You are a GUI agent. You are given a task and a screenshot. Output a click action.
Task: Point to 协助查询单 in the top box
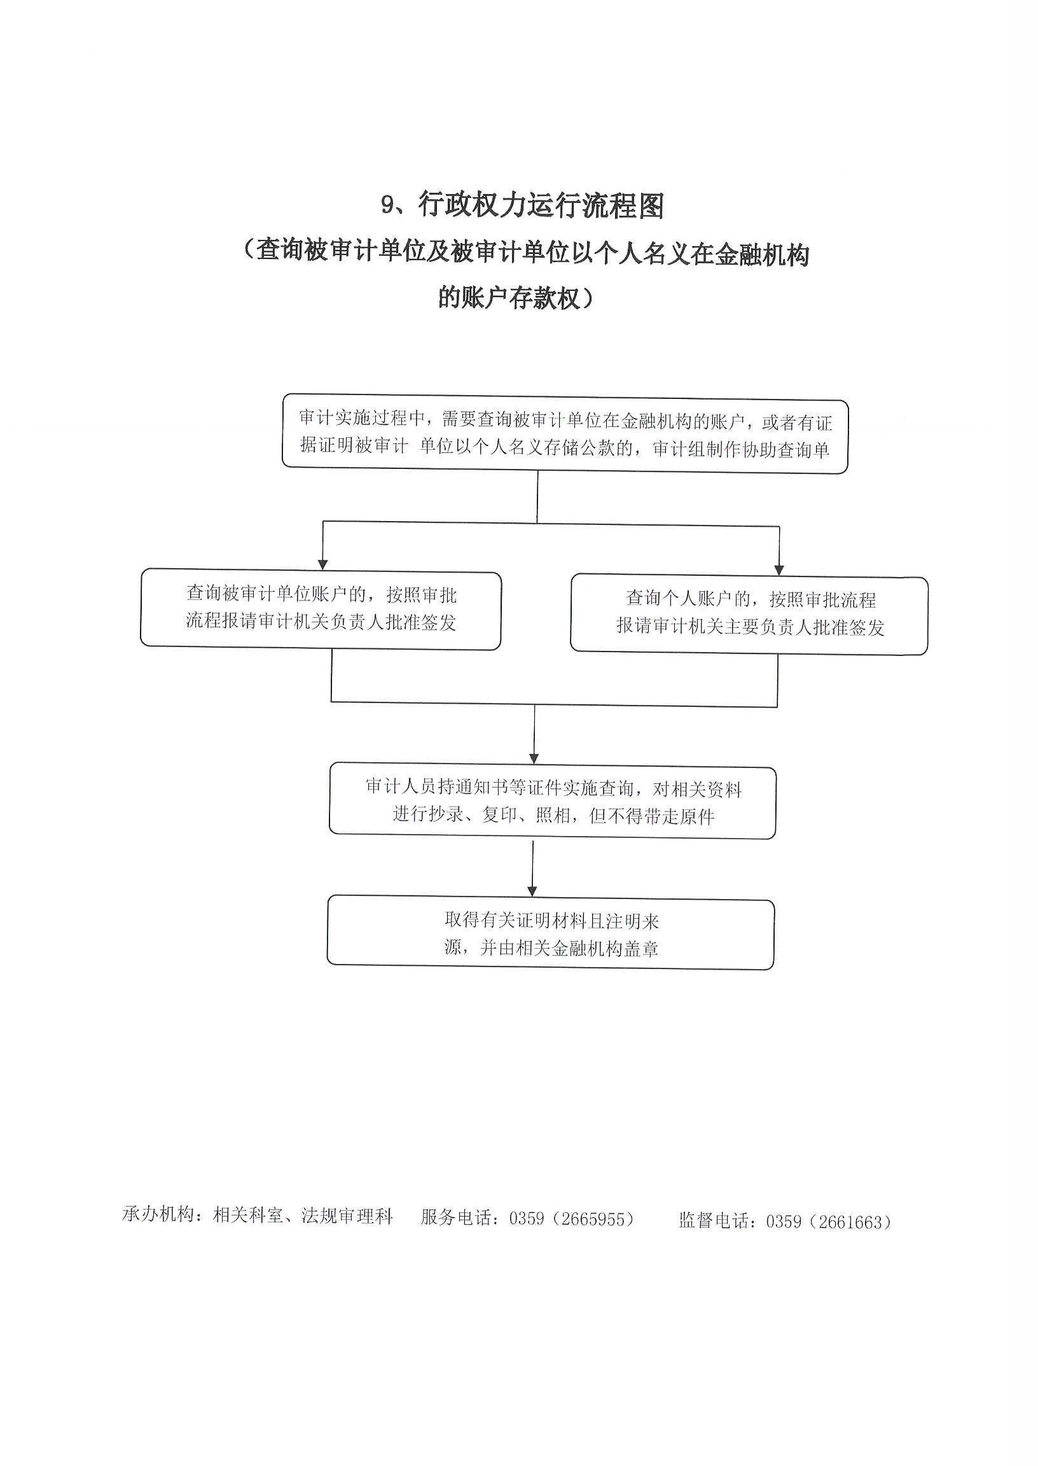785,449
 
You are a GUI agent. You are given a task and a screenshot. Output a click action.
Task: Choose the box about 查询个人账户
749,615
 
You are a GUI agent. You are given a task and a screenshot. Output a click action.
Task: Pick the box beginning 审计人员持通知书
553,800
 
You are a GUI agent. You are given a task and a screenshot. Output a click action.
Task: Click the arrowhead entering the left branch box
322,564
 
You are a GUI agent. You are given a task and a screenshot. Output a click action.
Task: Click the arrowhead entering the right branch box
778,569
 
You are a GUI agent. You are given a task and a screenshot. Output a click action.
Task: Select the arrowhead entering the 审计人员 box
534,758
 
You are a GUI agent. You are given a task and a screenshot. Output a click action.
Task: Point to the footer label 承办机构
158,1214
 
